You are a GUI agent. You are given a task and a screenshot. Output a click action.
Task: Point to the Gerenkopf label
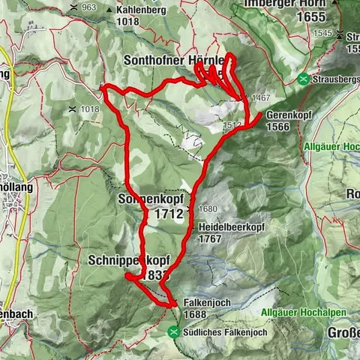[289, 116]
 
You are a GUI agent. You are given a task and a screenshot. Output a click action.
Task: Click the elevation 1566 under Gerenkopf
[277, 127]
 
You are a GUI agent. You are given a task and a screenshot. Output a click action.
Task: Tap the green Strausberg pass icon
[303, 79]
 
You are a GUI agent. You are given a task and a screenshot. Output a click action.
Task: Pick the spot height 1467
[260, 98]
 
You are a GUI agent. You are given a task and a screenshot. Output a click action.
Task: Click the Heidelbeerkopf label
[225, 226]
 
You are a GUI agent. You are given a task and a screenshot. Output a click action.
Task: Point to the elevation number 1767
[211, 238]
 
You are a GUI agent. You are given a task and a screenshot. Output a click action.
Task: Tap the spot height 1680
[207, 208]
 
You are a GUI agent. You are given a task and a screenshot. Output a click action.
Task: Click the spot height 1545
[323, 34]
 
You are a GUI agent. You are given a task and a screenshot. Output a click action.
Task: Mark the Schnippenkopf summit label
[129, 259]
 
